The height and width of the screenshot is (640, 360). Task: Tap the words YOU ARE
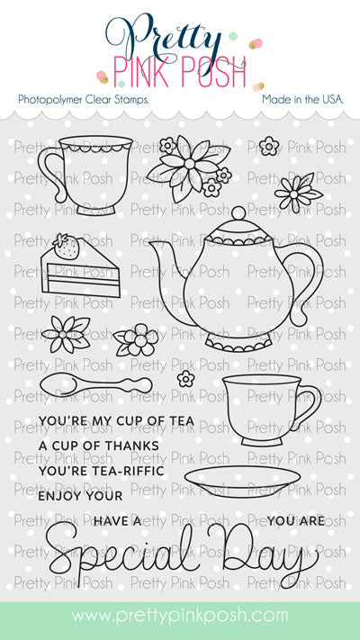(293, 520)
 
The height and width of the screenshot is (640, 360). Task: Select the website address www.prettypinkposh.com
(180, 616)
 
